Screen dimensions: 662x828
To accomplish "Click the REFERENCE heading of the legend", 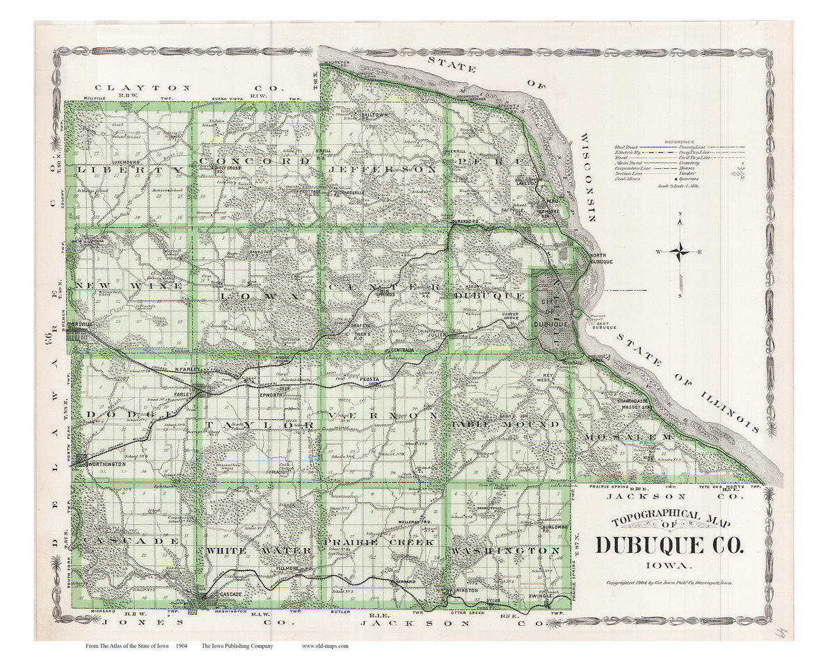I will click(x=679, y=141).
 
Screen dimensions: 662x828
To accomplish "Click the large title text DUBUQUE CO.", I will click(x=669, y=544).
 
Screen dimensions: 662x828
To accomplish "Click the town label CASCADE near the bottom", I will click(x=227, y=595).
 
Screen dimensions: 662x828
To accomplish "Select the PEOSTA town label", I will click(x=369, y=380).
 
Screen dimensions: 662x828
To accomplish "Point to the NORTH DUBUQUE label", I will click(x=603, y=258).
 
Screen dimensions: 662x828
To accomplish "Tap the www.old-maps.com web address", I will click(x=325, y=646).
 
